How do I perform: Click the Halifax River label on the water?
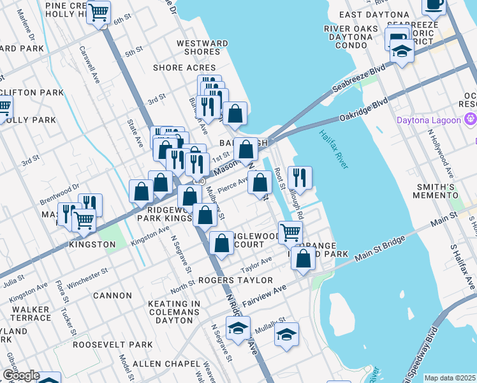332,149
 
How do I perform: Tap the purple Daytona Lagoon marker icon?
471,119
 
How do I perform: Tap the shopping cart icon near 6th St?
99,12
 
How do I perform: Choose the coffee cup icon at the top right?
434,5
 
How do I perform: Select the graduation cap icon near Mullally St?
287,334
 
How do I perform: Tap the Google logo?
20,375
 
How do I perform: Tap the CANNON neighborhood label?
112,296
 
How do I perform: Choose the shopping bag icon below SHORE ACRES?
235,114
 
